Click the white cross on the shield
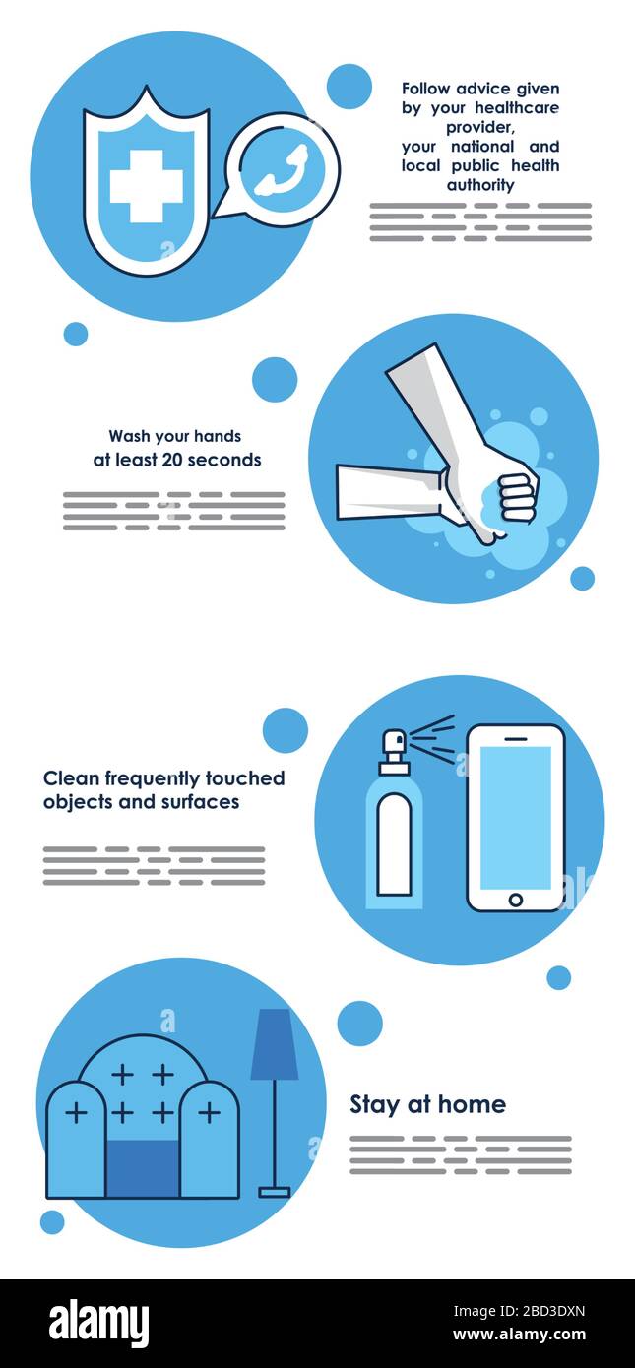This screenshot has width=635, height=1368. pos(146,186)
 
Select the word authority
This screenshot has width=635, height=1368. pos(480,185)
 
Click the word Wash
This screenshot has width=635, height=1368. pos(130,436)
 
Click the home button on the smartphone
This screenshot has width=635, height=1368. pos(515,900)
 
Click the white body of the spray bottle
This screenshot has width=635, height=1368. pos(394,844)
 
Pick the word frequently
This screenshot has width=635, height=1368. pos(153,778)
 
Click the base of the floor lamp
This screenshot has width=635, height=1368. pos(275,1190)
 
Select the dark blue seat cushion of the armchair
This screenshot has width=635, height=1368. pos(143,1168)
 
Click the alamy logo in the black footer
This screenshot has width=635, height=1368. pos(99,1322)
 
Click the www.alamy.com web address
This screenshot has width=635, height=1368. pos(519,1335)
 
